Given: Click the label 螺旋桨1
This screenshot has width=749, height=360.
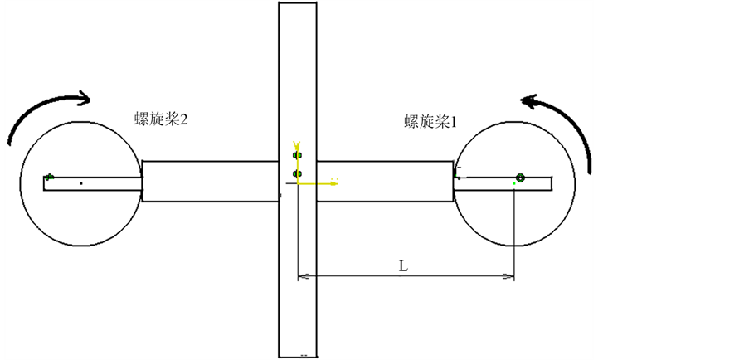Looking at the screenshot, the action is click(x=431, y=122).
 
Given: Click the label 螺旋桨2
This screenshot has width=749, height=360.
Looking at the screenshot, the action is click(x=161, y=119).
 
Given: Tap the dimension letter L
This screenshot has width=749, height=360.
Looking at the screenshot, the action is click(x=402, y=266).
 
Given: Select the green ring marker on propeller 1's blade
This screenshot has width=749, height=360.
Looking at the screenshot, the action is click(x=520, y=177).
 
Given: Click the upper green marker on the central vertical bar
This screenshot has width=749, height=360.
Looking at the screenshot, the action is click(x=297, y=155).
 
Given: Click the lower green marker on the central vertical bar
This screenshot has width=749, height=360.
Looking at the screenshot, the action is click(x=297, y=173).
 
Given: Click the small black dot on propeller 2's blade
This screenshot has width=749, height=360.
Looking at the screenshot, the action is click(x=80, y=182).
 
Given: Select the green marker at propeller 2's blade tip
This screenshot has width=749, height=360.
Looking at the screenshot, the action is click(x=50, y=176).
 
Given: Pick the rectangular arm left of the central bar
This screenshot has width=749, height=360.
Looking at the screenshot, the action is click(x=210, y=181).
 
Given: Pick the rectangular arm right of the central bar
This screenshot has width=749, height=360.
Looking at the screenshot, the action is click(x=386, y=181).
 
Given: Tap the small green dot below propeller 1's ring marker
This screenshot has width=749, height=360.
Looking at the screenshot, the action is click(x=514, y=183).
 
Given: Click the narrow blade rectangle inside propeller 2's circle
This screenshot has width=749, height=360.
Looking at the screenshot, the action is click(x=91, y=183).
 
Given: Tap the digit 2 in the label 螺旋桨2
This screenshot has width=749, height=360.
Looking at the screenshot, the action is click(x=184, y=119).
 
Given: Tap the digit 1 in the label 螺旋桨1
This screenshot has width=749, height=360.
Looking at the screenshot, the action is click(x=455, y=122).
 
